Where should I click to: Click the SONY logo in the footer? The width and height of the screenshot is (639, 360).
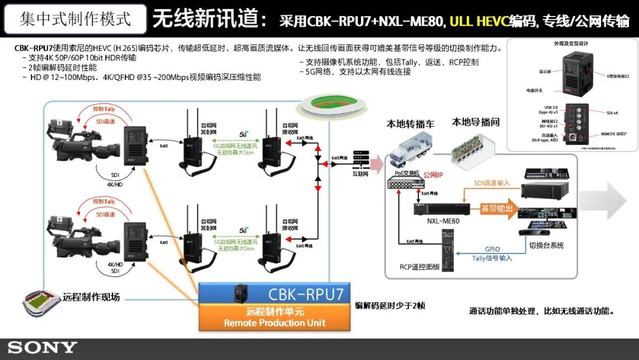(42, 348)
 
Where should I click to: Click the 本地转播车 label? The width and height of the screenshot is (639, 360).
(411, 124)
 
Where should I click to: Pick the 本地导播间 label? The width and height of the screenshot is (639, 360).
(476, 123)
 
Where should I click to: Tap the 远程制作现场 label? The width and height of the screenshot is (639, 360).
(92, 296)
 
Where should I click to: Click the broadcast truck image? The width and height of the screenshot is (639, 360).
(408, 150)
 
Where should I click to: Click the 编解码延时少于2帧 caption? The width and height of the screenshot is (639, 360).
(390, 306)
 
